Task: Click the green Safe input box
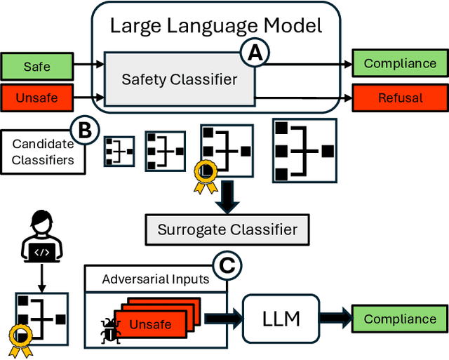pyautogui.click(x=36, y=67)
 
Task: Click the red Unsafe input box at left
pyautogui.click(x=36, y=98)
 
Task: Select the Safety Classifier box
pyautogui.click(x=179, y=79)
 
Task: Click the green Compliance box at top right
pyautogui.click(x=399, y=63)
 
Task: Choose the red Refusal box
pyautogui.click(x=399, y=98)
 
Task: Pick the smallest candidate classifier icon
pyautogui.click(x=119, y=151)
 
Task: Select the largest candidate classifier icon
pyautogui.click(x=303, y=150)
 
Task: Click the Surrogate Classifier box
pyautogui.click(x=227, y=229)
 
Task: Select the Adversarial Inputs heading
pyautogui.click(x=155, y=279)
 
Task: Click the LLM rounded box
pyautogui.click(x=281, y=319)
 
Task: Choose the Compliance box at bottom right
pyautogui.click(x=399, y=319)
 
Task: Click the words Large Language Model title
pyautogui.click(x=216, y=27)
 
